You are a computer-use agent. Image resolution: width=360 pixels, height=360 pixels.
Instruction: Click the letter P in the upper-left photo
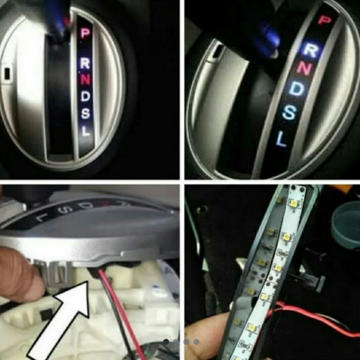click(x=85, y=33)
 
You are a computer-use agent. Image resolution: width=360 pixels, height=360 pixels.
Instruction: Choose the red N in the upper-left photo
click(x=85, y=79)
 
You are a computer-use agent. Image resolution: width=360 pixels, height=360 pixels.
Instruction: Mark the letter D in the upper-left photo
click(x=85, y=95)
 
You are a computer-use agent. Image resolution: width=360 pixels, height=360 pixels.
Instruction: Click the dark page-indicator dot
click(x=166, y=341)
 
